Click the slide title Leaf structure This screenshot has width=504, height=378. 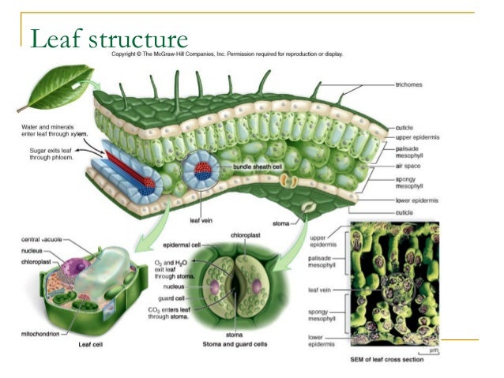(108, 38)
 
